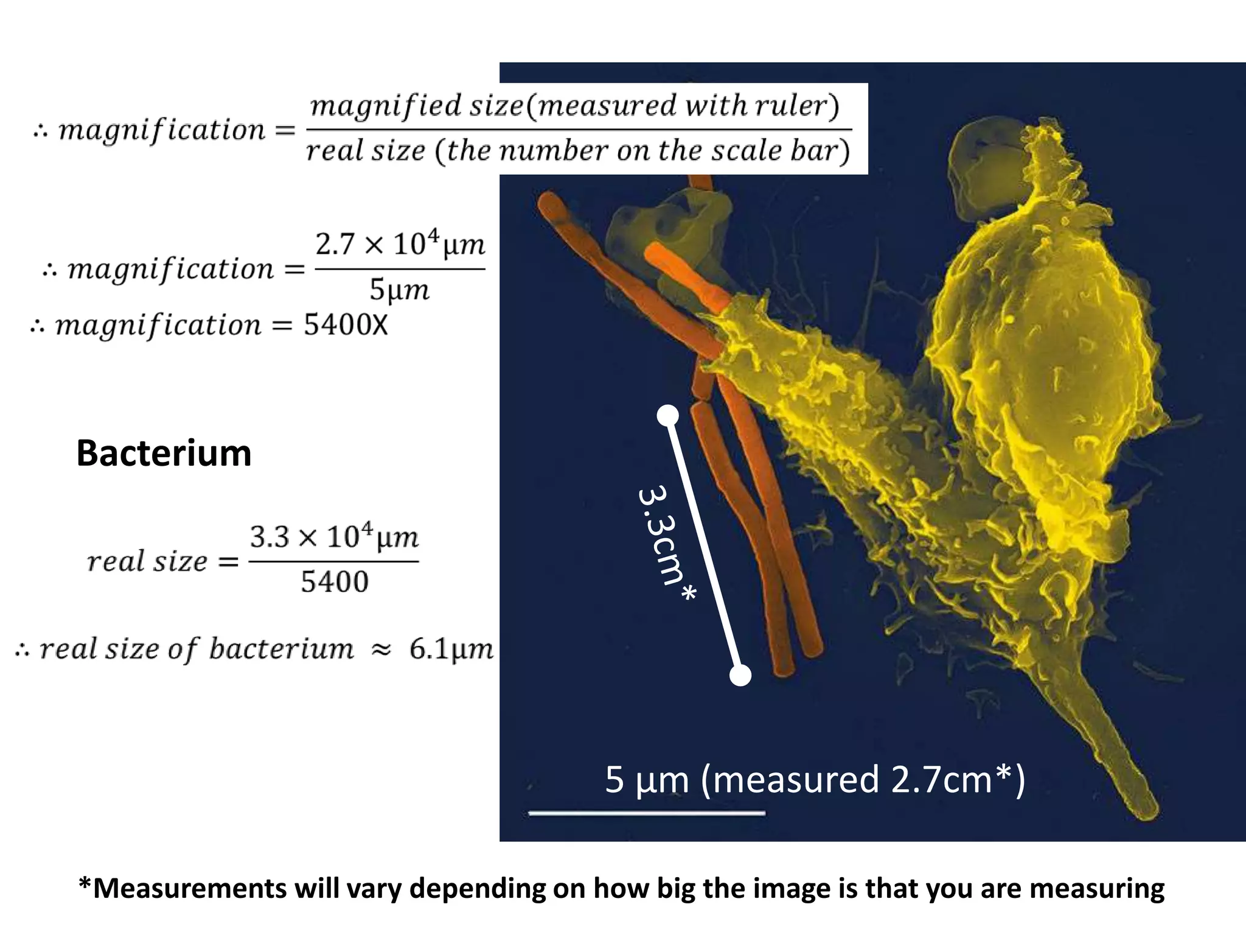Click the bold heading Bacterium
tap(164, 453)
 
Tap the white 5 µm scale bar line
tap(647, 813)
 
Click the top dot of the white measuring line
tap(668, 415)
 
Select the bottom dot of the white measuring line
tap(740, 676)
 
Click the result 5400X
tap(345, 326)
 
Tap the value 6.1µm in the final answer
tap(451, 649)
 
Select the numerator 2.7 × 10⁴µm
tap(400, 245)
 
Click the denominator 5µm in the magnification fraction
tap(399, 290)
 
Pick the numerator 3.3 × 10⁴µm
tap(334, 538)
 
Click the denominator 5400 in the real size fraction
tap(334, 583)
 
